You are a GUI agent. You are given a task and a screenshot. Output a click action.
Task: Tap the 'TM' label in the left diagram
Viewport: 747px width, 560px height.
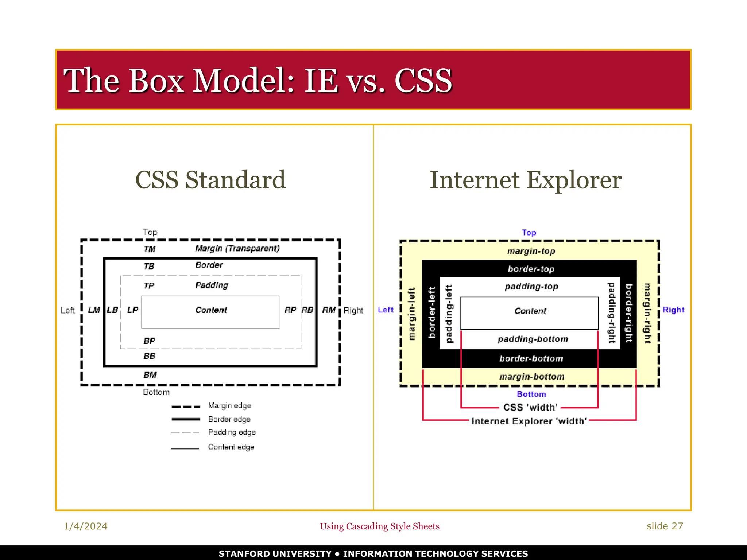tap(150, 249)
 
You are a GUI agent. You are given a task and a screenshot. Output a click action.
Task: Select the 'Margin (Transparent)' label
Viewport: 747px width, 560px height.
tap(237, 248)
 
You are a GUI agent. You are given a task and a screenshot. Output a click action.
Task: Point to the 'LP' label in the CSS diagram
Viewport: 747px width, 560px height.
tap(132, 310)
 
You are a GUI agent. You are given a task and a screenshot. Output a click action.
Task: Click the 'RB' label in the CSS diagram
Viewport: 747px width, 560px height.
tap(307, 310)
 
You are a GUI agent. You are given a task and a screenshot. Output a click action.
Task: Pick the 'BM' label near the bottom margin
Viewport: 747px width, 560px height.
tap(150, 375)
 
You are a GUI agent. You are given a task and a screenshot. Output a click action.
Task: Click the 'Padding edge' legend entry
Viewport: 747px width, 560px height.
tap(232, 432)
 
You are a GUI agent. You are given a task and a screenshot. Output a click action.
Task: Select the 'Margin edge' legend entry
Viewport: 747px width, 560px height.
tap(229, 406)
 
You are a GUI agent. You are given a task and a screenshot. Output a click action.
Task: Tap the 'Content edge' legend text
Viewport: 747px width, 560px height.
tap(231, 447)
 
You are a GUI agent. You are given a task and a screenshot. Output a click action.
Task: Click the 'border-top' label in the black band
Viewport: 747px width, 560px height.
tap(531, 269)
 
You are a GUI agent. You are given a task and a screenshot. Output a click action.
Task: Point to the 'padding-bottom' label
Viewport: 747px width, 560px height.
tap(533, 339)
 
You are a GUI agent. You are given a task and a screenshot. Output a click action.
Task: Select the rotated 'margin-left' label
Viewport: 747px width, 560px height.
tap(411, 314)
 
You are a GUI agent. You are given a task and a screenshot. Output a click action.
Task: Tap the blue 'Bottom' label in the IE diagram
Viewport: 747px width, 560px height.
tap(531, 394)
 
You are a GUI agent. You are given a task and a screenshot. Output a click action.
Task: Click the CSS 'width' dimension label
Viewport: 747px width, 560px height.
tap(530, 407)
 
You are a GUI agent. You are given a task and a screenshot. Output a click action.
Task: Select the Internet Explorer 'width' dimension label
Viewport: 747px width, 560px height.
tap(529, 421)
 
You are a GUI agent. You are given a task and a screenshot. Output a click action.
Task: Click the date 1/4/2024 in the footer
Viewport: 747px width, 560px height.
tap(86, 526)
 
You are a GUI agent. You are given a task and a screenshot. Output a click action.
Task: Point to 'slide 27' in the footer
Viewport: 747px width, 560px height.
tap(665, 526)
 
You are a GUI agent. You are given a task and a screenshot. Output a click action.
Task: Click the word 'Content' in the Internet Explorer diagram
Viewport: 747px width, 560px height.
tap(530, 311)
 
